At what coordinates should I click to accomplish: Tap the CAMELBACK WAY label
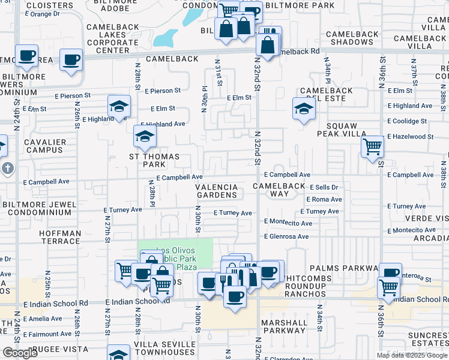pyautogui.click(x=279, y=190)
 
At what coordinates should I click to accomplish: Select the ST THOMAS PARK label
pyautogui.click(x=154, y=160)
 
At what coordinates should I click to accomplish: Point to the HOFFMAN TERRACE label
pyautogui.click(x=60, y=238)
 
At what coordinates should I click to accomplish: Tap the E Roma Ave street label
pyautogui.click(x=324, y=200)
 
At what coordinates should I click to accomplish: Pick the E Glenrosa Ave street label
pyautogui.click(x=287, y=236)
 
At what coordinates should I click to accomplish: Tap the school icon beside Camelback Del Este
pyautogui.click(x=304, y=109)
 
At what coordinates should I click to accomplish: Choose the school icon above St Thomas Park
pyautogui.click(x=144, y=137)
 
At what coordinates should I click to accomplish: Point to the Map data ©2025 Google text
pyautogui.click(x=412, y=355)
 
